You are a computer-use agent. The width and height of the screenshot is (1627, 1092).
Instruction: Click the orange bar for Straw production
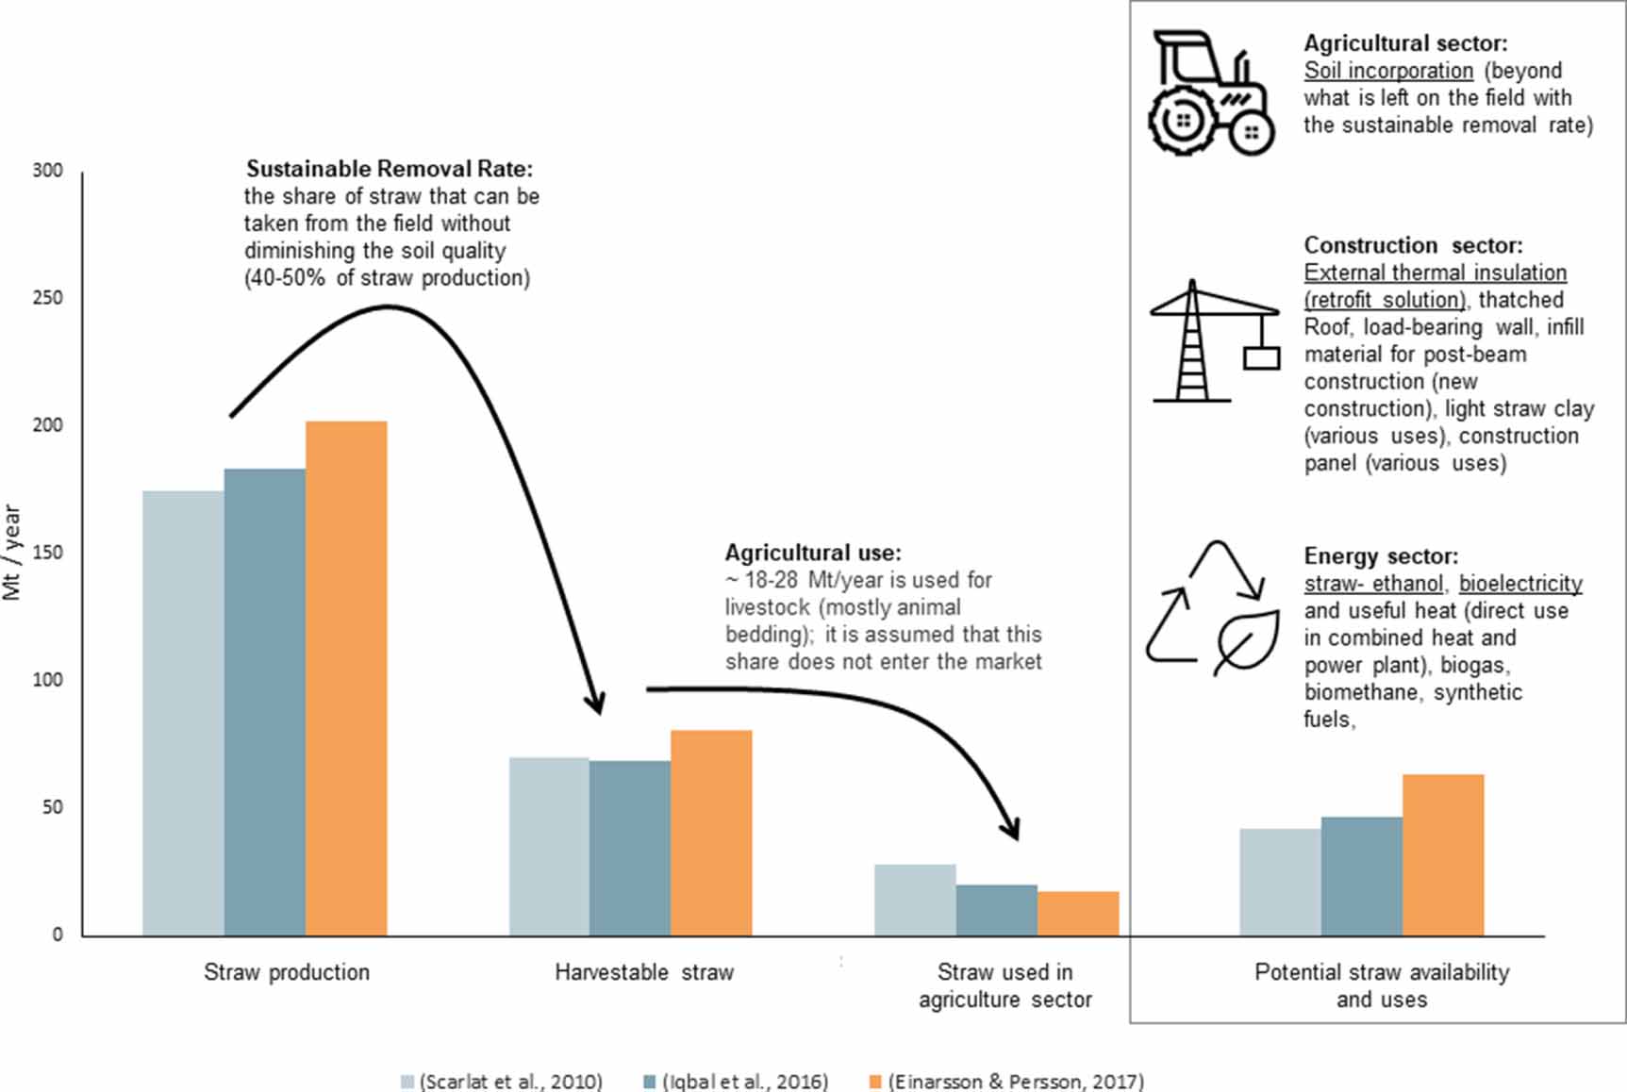[x=346, y=678]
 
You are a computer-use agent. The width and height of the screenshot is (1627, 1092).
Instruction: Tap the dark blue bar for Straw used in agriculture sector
[x=996, y=910]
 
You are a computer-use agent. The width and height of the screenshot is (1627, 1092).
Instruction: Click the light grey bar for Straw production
[x=183, y=713]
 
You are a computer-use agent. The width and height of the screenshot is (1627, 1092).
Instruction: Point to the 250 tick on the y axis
[x=47, y=298]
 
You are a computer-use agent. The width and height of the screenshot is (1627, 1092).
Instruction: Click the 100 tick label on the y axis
[x=47, y=680]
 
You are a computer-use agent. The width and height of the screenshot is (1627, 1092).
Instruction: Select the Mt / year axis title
[x=12, y=553]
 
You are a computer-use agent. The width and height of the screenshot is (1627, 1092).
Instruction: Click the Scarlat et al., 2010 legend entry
[x=502, y=1081]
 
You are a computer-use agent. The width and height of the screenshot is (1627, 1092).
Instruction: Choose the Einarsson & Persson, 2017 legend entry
[x=1006, y=1081]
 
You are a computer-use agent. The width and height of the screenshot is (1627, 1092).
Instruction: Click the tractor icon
[x=1211, y=92]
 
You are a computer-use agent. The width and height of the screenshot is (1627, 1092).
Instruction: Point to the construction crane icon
[x=1215, y=341]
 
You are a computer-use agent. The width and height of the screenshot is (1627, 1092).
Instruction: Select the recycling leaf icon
[x=1213, y=608]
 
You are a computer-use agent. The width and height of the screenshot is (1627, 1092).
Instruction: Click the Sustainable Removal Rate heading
[x=390, y=169]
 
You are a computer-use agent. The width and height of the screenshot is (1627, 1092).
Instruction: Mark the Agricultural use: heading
[x=813, y=553]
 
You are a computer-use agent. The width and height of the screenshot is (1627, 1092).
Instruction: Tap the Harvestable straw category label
[x=643, y=972]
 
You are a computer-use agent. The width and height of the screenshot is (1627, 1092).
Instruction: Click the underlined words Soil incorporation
[x=1388, y=71]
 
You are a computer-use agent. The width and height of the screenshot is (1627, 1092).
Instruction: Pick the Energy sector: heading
[x=1381, y=556]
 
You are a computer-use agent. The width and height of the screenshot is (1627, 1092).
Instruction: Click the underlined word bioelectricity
[x=1520, y=584]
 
